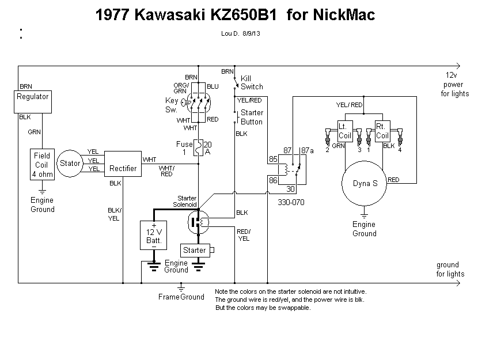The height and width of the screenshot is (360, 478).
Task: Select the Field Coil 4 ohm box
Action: click(x=42, y=164)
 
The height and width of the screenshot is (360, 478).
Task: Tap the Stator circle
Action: click(x=70, y=164)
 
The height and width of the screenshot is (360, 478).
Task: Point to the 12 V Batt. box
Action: click(x=154, y=235)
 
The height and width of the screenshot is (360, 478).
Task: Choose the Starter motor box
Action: click(x=195, y=251)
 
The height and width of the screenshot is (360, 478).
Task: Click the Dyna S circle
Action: click(x=365, y=184)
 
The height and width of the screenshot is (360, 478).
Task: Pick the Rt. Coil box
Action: click(x=382, y=131)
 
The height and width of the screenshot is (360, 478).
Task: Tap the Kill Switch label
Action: click(x=252, y=82)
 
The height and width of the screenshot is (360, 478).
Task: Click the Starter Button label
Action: click(x=252, y=118)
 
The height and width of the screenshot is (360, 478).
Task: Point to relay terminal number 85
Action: click(x=273, y=158)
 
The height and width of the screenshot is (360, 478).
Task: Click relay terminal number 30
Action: click(x=290, y=188)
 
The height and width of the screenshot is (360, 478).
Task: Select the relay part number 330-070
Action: click(x=291, y=203)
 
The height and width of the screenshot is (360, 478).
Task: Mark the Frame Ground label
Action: click(x=181, y=297)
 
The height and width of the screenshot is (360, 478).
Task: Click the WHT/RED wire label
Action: click(x=166, y=170)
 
